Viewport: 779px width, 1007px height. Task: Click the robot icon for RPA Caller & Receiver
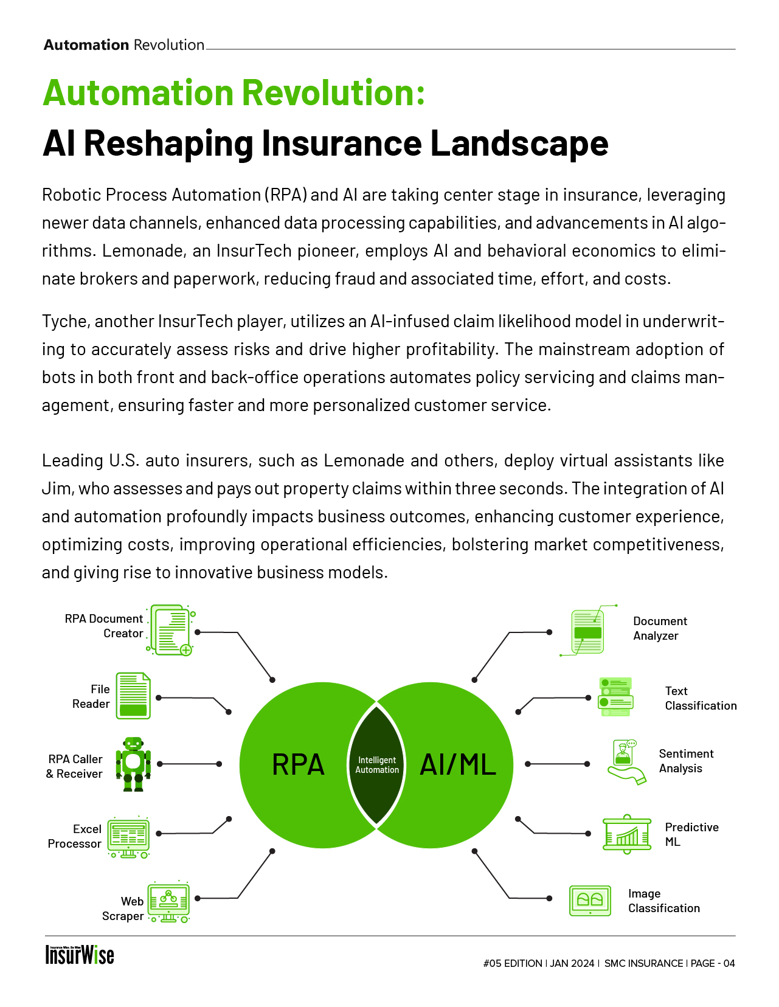point(133,764)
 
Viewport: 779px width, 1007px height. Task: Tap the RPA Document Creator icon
point(171,630)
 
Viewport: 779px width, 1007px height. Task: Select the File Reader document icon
point(133,696)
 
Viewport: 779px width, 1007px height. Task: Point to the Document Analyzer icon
point(587,632)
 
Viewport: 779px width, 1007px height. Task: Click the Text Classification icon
point(615,696)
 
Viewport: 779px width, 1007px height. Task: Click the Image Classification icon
point(590,901)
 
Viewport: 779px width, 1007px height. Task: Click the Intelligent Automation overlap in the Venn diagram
point(377,764)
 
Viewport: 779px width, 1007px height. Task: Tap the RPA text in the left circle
point(298,764)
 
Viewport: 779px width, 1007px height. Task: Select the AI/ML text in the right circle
point(458,764)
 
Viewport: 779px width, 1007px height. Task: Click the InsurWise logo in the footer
point(80,955)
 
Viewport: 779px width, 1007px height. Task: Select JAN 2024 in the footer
point(572,963)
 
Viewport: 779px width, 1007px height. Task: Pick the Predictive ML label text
point(691,834)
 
